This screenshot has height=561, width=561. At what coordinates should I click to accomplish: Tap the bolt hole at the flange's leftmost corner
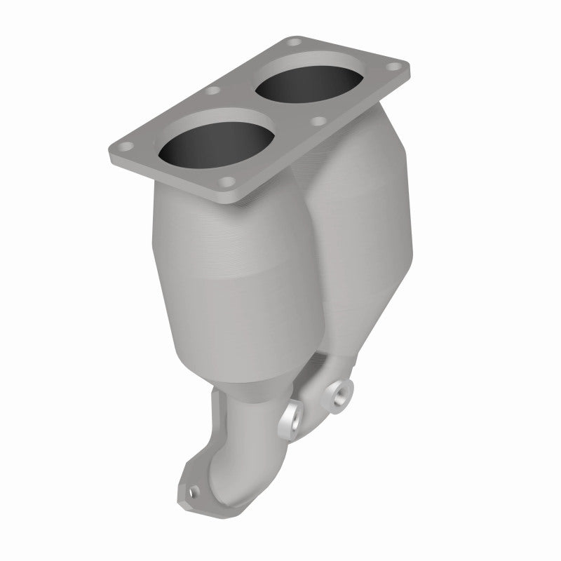(x=124, y=147)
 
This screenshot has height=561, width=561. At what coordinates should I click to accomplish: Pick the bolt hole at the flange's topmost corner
(x=292, y=43)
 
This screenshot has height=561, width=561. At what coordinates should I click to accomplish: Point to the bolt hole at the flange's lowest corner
(x=227, y=184)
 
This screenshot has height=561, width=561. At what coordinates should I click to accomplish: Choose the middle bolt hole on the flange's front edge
(x=320, y=121)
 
